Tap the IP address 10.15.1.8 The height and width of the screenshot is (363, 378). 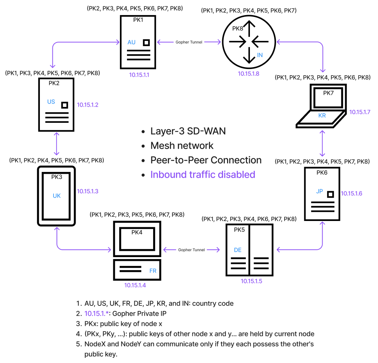tap(248, 73)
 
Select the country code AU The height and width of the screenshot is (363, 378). tap(131, 42)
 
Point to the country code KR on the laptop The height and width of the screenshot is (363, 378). tap(322, 115)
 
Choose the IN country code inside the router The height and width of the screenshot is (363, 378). tap(260, 55)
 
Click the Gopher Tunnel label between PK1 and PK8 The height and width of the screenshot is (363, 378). tap(189, 42)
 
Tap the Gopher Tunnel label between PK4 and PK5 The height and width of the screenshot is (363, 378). tap(191, 250)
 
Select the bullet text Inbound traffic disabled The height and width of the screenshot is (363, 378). tap(203, 174)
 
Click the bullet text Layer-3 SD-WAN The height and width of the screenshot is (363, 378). tap(188, 131)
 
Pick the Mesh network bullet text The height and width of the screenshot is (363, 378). tap(182, 145)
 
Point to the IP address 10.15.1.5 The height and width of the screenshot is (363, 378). tap(251, 281)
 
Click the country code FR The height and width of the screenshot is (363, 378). tap(153, 271)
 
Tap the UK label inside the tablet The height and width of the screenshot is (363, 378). tap(56, 196)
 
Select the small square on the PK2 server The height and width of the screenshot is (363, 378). tap(65, 105)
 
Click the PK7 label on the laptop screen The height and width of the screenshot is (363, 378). tap(328, 93)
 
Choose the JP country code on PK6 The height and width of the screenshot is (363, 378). tap(320, 191)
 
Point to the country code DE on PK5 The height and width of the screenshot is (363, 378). tap(238, 250)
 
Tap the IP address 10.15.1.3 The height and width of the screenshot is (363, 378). tap(87, 191)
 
